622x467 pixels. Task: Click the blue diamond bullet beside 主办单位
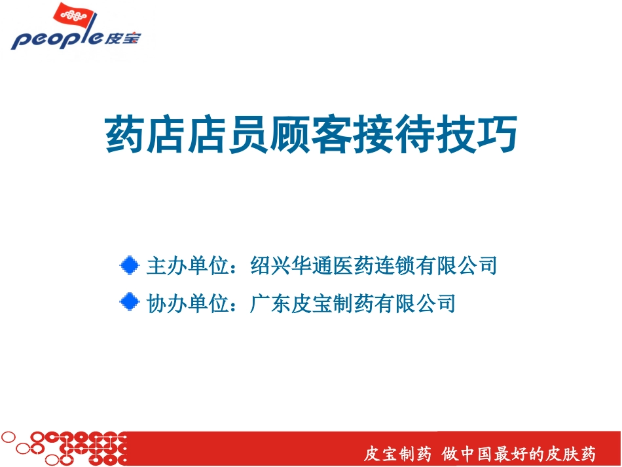tap(130, 265)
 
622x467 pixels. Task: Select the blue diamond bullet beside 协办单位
tap(130, 302)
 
